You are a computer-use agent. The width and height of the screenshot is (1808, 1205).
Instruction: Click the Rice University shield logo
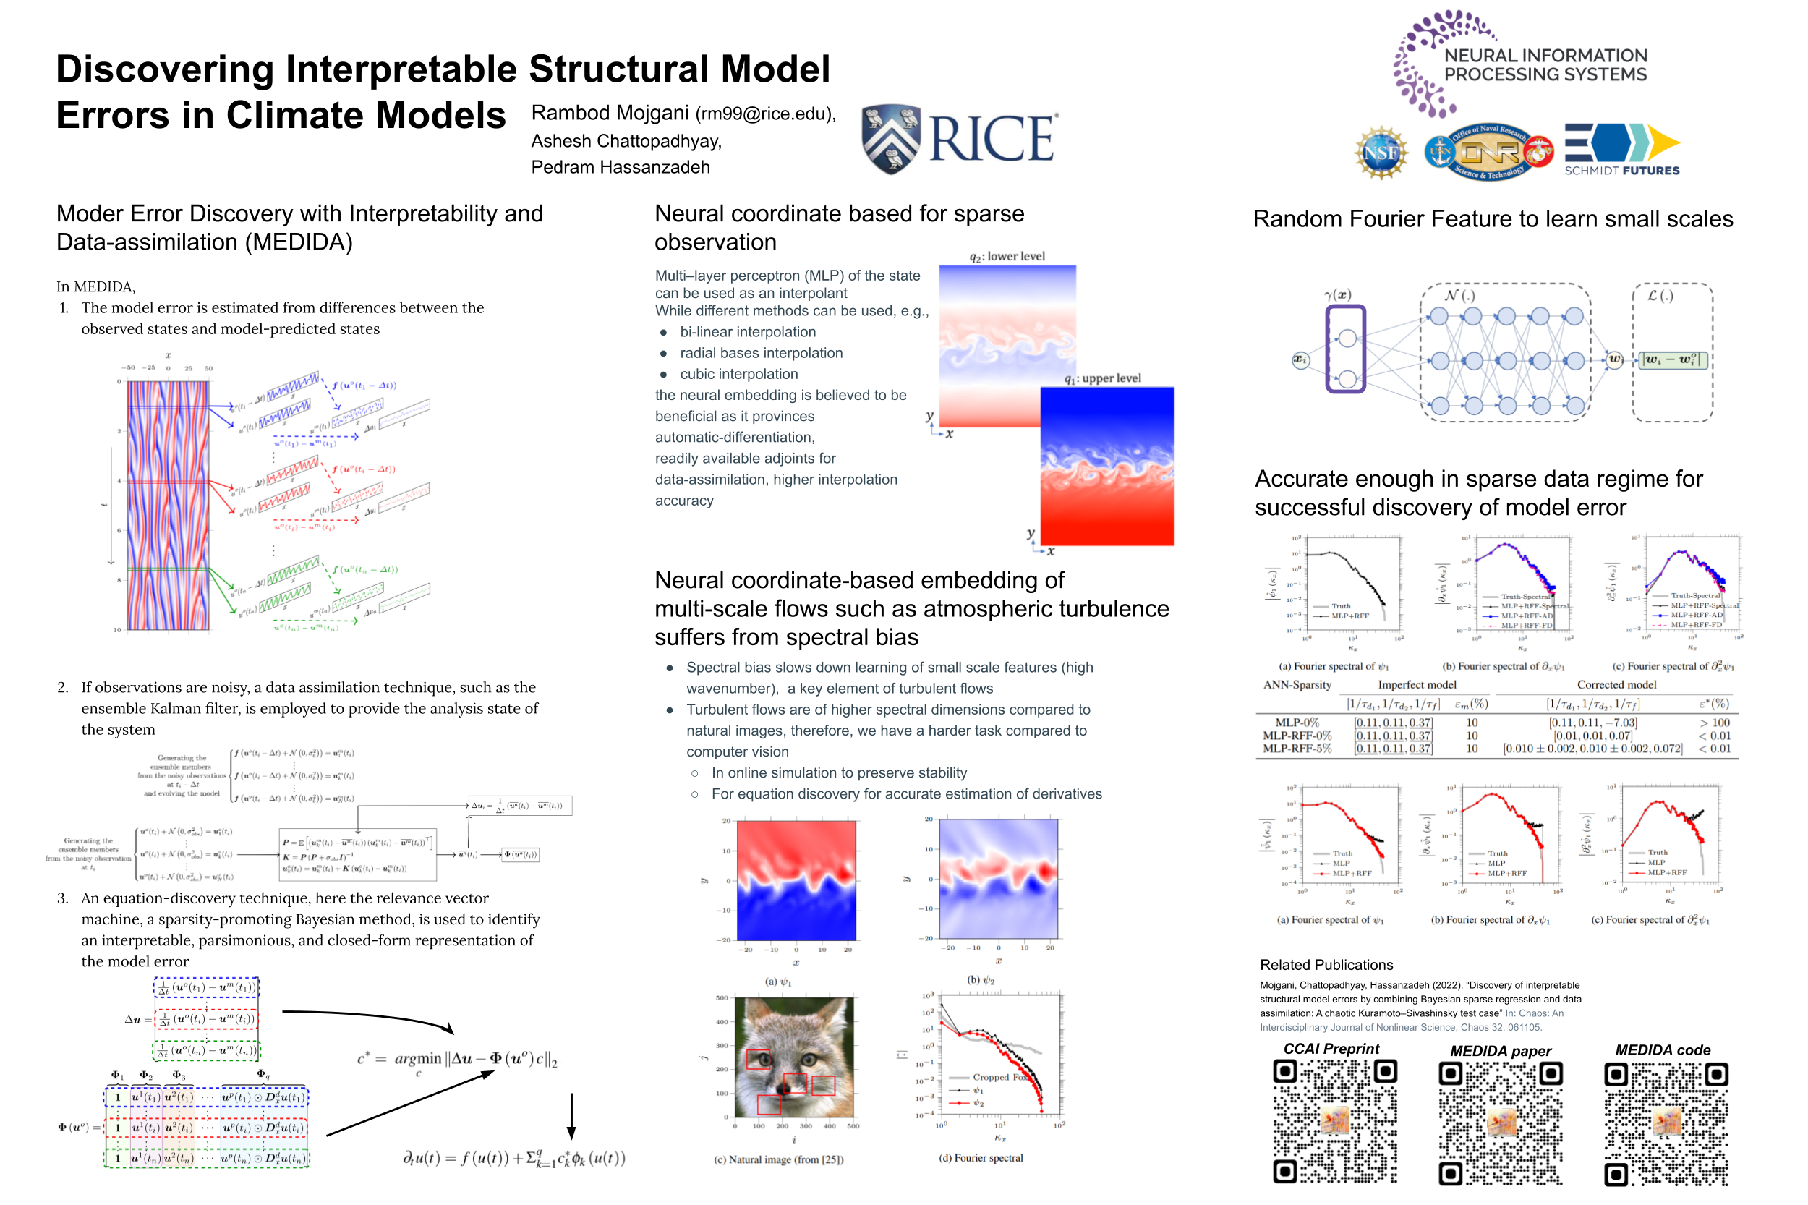point(890,139)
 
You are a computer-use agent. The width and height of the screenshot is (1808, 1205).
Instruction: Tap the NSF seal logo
point(1381,152)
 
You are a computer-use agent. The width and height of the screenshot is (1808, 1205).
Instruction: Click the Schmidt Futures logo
point(1621,150)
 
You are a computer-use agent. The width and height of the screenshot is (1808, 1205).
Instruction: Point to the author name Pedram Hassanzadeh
point(620,167)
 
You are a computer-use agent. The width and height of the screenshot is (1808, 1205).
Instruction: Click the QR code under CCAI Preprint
point(1335,1121)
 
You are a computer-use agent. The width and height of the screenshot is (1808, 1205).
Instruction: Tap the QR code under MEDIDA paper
point(1500,1123)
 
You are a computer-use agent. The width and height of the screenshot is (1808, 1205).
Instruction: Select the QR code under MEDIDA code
point(1665,1123)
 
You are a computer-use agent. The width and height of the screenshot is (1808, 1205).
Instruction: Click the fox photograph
point(794,1057)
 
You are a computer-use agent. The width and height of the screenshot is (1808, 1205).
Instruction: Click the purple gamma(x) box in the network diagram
point(1345,349)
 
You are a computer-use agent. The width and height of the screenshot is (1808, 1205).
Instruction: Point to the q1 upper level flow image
point(1106,466)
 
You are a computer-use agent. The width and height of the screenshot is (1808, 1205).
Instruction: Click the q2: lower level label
point(1007,257)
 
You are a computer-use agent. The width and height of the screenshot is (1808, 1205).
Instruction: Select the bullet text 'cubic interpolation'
point(738,374)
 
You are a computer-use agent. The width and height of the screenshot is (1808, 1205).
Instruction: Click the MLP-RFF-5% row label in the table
point(1296,749)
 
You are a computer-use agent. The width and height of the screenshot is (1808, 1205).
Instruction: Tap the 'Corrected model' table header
point(1616,685)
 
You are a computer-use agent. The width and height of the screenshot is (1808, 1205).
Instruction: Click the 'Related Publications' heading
point(1326,964)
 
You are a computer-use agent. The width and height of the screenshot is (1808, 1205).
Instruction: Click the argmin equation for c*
point(457,1060)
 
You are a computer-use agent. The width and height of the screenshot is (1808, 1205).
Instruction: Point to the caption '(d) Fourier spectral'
point(981,1157)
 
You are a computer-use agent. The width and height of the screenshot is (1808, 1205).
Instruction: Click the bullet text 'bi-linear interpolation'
point(748,332)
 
